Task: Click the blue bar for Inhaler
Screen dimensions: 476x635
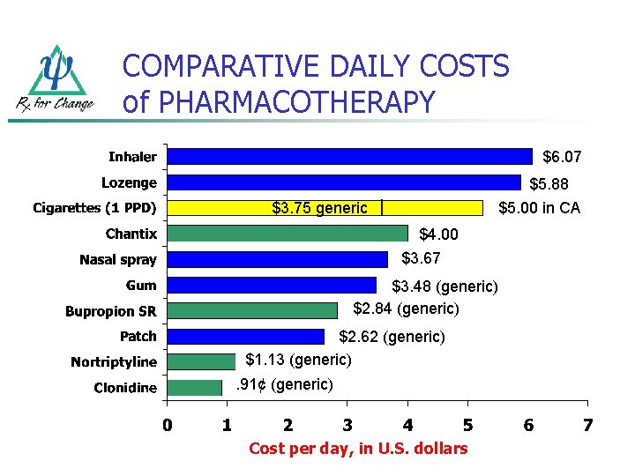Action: [x=349, y=156]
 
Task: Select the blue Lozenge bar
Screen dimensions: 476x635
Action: [x=344, y=182]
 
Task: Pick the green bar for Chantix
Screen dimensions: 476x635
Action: [x=288, y=234]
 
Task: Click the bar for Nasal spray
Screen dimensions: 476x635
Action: [x=277, y=259]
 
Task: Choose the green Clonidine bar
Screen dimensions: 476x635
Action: [x=194, y=388]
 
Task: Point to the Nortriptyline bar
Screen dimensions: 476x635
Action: [x=201, y=361]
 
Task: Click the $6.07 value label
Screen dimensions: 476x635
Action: [x=562, y=158]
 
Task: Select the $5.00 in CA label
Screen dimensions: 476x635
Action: [x=539, y=209]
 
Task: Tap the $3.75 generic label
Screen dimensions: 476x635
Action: [x=319, y=209]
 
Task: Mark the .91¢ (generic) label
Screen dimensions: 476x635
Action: [x=284, y=384]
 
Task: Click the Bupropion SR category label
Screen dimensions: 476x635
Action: [x=111, y=311]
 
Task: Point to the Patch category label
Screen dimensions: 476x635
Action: [x=138, y=337]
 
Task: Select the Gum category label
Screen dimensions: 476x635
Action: [x=141, y=286]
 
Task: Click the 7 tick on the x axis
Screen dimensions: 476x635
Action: [x=587, y=426]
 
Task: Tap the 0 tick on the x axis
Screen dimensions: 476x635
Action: [x=167, y=426]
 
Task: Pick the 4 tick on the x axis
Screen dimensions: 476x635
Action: [x=407, y=426]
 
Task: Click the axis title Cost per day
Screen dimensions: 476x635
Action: [x=358, y=449]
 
